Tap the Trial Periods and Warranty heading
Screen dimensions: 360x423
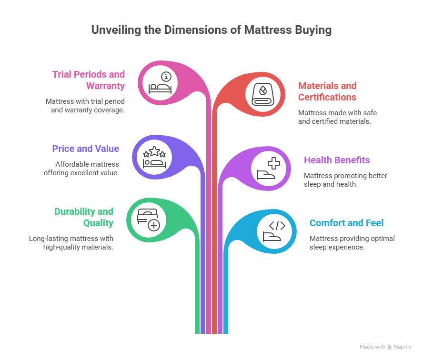click(x=89, y=80)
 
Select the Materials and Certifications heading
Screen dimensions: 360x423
click(x=327, y=91)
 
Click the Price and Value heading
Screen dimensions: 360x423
click(x=86, y=149)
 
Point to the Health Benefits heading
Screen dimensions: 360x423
click(x=337, y=160)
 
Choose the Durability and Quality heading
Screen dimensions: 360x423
click(x=84, y=217)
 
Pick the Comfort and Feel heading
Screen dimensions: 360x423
click(x=346, y=223)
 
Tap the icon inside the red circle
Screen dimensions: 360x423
click(x=263, y=93)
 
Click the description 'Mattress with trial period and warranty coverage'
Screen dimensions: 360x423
click(x=85, y=105)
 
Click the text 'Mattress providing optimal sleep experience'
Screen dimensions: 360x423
click(x=352, y=242)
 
